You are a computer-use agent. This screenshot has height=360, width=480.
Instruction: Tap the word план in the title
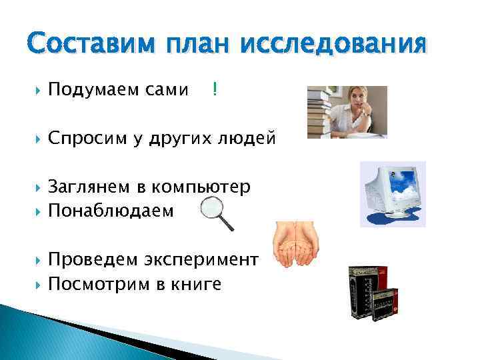coord(199,45)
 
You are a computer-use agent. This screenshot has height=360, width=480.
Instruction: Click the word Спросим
coord(81,139)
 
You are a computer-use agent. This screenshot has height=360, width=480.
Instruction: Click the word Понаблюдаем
coord(111,211)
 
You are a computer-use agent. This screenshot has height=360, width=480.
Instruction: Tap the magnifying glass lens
coord(213,208)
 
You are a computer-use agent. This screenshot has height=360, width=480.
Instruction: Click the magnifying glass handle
coord(228,223)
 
